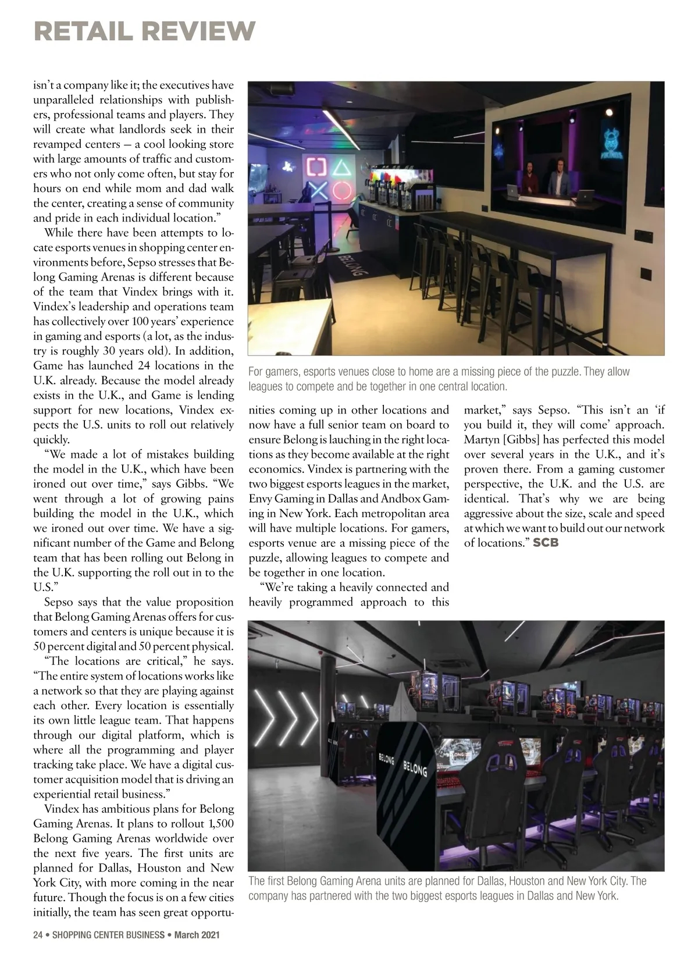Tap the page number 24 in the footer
coord(38,935)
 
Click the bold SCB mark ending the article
coord(546,543)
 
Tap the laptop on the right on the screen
coord(583,195)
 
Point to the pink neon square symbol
coord(317,168)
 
